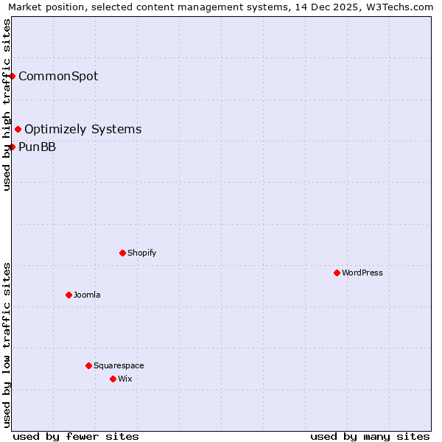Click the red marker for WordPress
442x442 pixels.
point(337,273)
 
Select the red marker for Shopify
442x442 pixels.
point(122,253)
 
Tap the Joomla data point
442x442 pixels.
point(69,295)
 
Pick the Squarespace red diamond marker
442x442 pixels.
point(88,365)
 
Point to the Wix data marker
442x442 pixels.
point(113,379)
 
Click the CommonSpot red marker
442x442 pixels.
point(13,76)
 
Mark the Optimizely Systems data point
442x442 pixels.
point(18,130)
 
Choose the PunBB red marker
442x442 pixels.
point(13,147)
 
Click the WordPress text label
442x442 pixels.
point(362,273)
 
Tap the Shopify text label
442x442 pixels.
point(141,253)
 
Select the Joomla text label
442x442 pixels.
point(87,295)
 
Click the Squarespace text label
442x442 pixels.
point(119,365)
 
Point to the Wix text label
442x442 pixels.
point(124,379)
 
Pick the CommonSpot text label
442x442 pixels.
point(58,76)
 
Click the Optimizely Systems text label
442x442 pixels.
point(83,130)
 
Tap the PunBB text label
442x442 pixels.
point(37,147)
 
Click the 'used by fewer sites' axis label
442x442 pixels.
point(76,436)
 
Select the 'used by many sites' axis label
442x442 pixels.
point(370,436)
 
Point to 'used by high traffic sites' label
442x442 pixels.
point(7,105)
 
